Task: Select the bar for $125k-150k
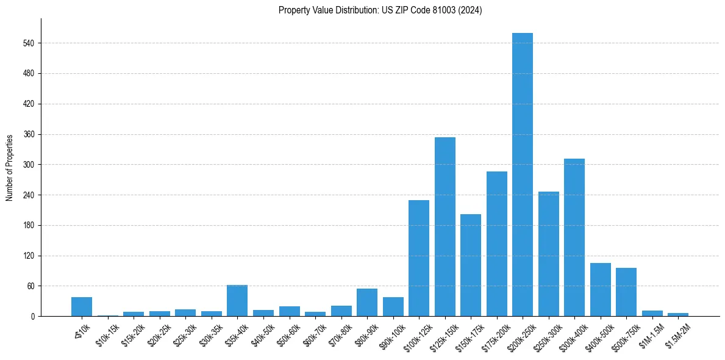click(445, 227)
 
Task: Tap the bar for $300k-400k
click(574, 237)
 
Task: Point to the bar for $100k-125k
click(419, 258)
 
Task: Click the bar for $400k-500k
click(601, 290)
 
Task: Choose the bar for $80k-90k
click(367, 303)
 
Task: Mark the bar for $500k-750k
click(626, 292)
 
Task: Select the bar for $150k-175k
click(471, 265)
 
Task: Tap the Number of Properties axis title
click(9, 168)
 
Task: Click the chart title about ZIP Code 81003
click(380, 10)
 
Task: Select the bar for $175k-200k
click(497, 244)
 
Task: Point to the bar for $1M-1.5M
click(652, 314)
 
